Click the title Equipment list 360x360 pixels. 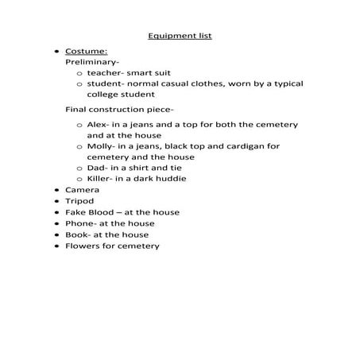(180, 36)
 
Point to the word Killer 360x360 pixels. (100, 178)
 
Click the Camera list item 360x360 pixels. (82, 191)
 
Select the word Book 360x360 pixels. (76, 234)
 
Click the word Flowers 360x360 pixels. (83, 246)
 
